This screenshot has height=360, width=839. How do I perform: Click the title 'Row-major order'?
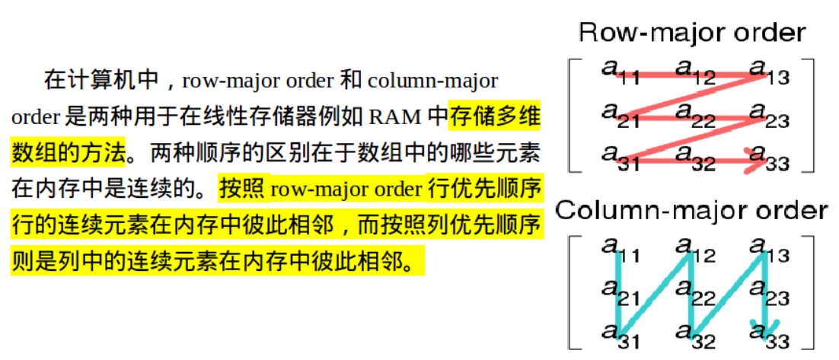pos(691,33)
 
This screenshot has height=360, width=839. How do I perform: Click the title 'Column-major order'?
pos(691,210)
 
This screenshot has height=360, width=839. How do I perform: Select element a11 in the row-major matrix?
pos(619,72)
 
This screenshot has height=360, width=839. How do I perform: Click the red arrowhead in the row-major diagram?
pos(758,159)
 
